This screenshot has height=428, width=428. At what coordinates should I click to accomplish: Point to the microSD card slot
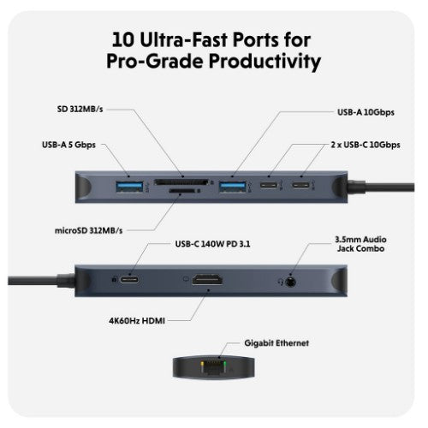(181, 193)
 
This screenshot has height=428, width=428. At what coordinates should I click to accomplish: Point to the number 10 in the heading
(123, 39)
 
